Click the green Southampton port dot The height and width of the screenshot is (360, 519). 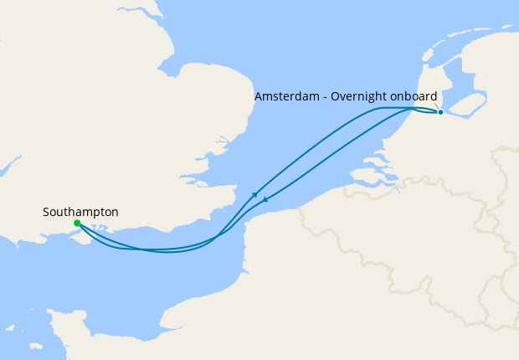coord(77,224)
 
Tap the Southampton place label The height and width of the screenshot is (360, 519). coord(80,213)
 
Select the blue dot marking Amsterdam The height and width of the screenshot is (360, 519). coord(440,111)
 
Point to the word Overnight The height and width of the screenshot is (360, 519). coord(362,96)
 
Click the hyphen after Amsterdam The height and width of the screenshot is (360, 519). coord(326,97)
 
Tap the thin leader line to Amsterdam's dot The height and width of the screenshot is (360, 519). coord(437,106)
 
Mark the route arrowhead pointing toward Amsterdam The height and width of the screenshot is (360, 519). coord(254,194)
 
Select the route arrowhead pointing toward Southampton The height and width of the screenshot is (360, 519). coord(265,199)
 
